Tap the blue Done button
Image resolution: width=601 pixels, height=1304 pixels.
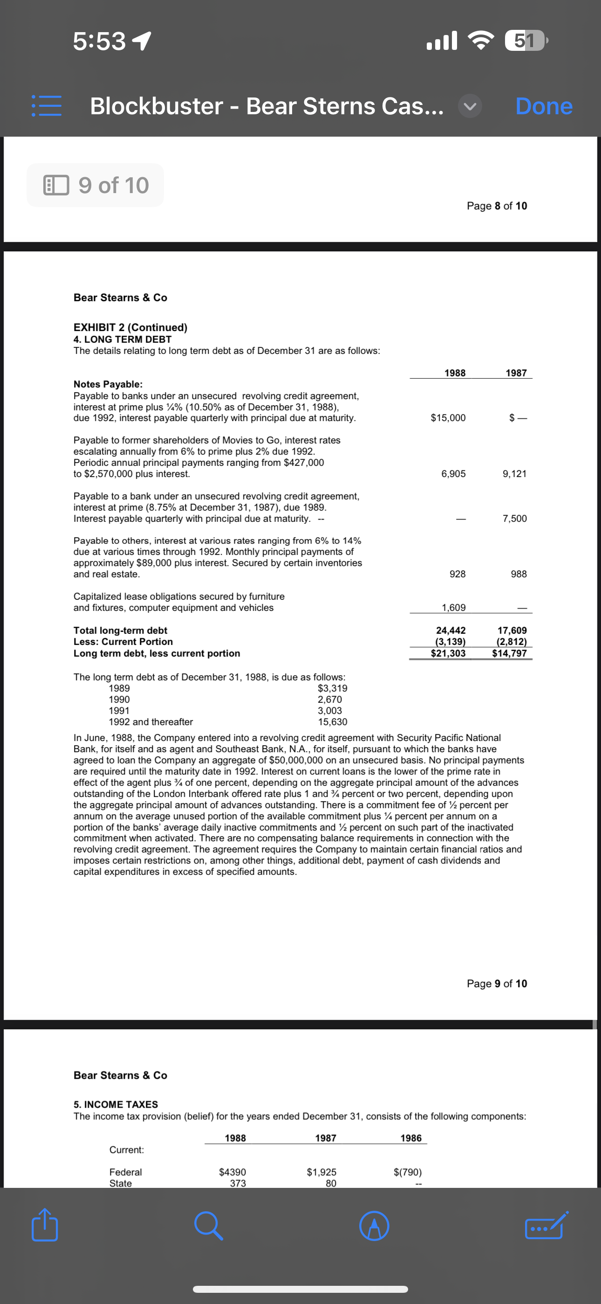[x=544, y=106]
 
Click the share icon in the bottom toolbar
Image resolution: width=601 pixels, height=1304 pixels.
[x=45, y=1226]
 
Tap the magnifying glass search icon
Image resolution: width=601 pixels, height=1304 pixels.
[x=208, y=1226]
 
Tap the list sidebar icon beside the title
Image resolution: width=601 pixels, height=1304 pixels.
[x=47, y=106]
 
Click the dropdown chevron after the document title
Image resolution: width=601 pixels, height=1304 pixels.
[x=470, y=106]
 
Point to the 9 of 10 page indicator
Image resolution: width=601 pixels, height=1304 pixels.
[x=96, y=185]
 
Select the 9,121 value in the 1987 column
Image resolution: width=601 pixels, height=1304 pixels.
[x=514, y=474]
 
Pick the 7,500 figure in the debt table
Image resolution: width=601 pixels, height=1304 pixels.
[x=514, y=518]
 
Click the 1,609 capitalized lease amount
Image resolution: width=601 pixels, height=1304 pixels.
[x=453, y=607]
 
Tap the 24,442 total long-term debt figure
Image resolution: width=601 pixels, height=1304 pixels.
[x=451, y=630]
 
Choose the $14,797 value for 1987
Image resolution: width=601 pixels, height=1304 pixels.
[x=509, y=653]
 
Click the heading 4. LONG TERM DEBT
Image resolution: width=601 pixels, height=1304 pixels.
[x=123, y=339]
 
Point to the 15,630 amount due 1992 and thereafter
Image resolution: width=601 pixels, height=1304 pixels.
[x=332, y=722]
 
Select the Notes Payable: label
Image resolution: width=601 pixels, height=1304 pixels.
[x=108, y=384]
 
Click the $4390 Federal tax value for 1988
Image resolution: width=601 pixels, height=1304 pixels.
[x=232, y=1172]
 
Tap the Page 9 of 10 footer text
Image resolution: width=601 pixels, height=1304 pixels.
[x=497, y=983]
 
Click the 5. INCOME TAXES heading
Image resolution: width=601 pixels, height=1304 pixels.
[x=116, y=1104]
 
